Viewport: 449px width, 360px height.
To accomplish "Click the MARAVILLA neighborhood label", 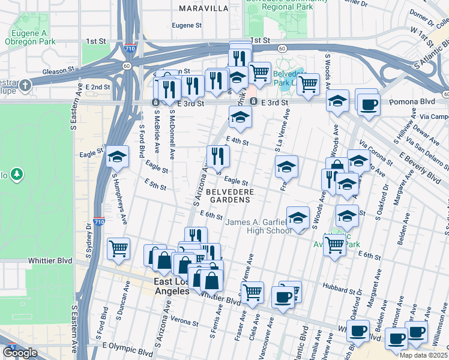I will [203, 8].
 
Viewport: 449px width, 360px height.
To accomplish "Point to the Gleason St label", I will [58, 70].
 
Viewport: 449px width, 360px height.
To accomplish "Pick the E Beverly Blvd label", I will [420, 167].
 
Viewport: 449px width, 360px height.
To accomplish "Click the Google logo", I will [20, 353].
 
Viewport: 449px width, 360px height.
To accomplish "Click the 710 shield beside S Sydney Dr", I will [99, 222].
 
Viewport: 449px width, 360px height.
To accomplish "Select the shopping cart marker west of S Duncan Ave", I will [119, 248].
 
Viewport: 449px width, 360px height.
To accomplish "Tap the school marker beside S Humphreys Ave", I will [117, 157].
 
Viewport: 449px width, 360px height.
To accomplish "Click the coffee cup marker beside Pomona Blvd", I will [367, 103].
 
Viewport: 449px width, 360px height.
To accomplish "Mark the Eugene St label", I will [186, 25].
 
